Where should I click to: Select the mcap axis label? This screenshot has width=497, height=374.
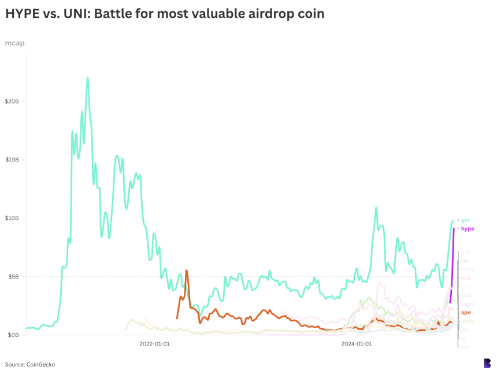point(14,43)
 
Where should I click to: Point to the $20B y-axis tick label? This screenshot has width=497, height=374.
point(12,101)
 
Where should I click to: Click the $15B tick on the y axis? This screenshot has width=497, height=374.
point(12,160)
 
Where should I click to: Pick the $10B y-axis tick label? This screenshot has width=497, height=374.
point(12,218)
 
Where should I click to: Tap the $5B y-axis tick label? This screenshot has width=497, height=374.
point(13,277)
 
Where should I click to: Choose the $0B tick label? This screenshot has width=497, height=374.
point(13,335)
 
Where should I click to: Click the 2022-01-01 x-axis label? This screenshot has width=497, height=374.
point(155,344)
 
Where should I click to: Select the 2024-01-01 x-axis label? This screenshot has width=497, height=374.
point(357,344)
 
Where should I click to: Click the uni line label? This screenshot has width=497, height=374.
point(465,220)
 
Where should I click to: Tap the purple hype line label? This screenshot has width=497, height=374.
point(468,229)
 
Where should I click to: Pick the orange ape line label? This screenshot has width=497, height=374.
point(466,313)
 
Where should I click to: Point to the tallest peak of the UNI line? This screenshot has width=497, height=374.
point(87,78)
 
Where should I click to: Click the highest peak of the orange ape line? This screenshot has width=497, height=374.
point(187,270)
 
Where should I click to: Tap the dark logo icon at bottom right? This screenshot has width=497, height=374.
point(487,363)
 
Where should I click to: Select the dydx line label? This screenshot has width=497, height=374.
point(467,321)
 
